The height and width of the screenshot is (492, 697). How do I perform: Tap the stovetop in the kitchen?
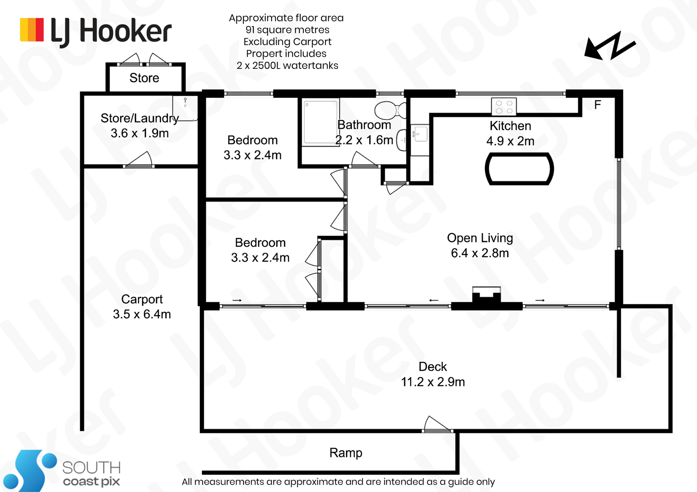504,107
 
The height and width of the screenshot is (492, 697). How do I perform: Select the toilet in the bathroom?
390,110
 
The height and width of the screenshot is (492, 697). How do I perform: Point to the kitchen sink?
420,134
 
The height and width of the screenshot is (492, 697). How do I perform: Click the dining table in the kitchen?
519,169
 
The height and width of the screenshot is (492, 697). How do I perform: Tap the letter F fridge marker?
598,105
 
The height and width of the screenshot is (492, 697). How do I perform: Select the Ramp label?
346,452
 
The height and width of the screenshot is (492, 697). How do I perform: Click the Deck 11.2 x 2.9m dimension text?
433,382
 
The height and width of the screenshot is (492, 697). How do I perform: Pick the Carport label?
142,299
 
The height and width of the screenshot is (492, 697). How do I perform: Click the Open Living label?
480,238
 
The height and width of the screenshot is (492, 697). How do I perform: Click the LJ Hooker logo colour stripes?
32,30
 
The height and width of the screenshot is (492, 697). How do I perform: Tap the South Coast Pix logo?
62,471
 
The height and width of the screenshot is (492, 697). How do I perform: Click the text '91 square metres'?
287,30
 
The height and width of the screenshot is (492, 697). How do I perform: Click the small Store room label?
144,78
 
